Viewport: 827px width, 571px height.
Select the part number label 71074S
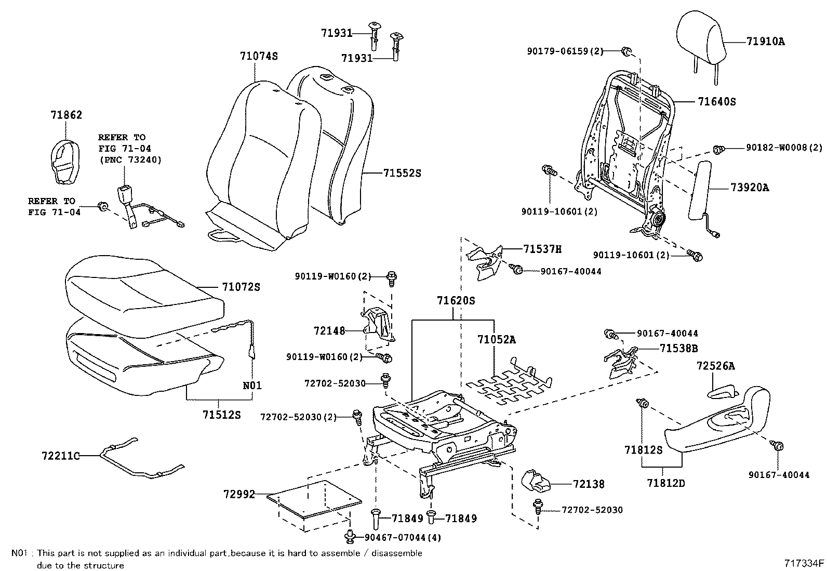click(x=259, y=56)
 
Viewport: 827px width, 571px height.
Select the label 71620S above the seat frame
click(x=456, y=300)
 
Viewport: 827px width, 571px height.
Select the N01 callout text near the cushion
click(x=252, y=386)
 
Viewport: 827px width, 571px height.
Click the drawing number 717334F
click(x=804, y=563)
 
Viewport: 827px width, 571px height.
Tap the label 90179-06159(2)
click(x=565, y=51)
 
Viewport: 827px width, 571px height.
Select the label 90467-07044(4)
click(x=403, y=538)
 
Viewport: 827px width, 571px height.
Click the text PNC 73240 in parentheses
click(x=130, y=160)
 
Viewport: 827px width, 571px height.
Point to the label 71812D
click(x=666, y=483)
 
